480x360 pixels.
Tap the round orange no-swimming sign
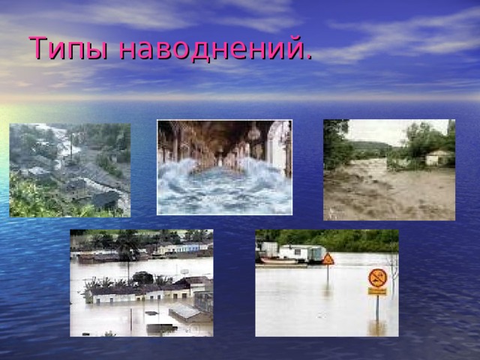378,277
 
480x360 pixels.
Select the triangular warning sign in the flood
328,259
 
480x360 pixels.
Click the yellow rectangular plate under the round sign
377,291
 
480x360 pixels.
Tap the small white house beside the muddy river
438,157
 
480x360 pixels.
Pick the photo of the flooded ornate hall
224,167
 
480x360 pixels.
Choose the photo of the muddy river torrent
388,169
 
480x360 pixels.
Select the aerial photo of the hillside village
70,170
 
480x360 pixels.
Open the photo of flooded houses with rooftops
141,283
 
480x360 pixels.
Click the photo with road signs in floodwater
326,283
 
